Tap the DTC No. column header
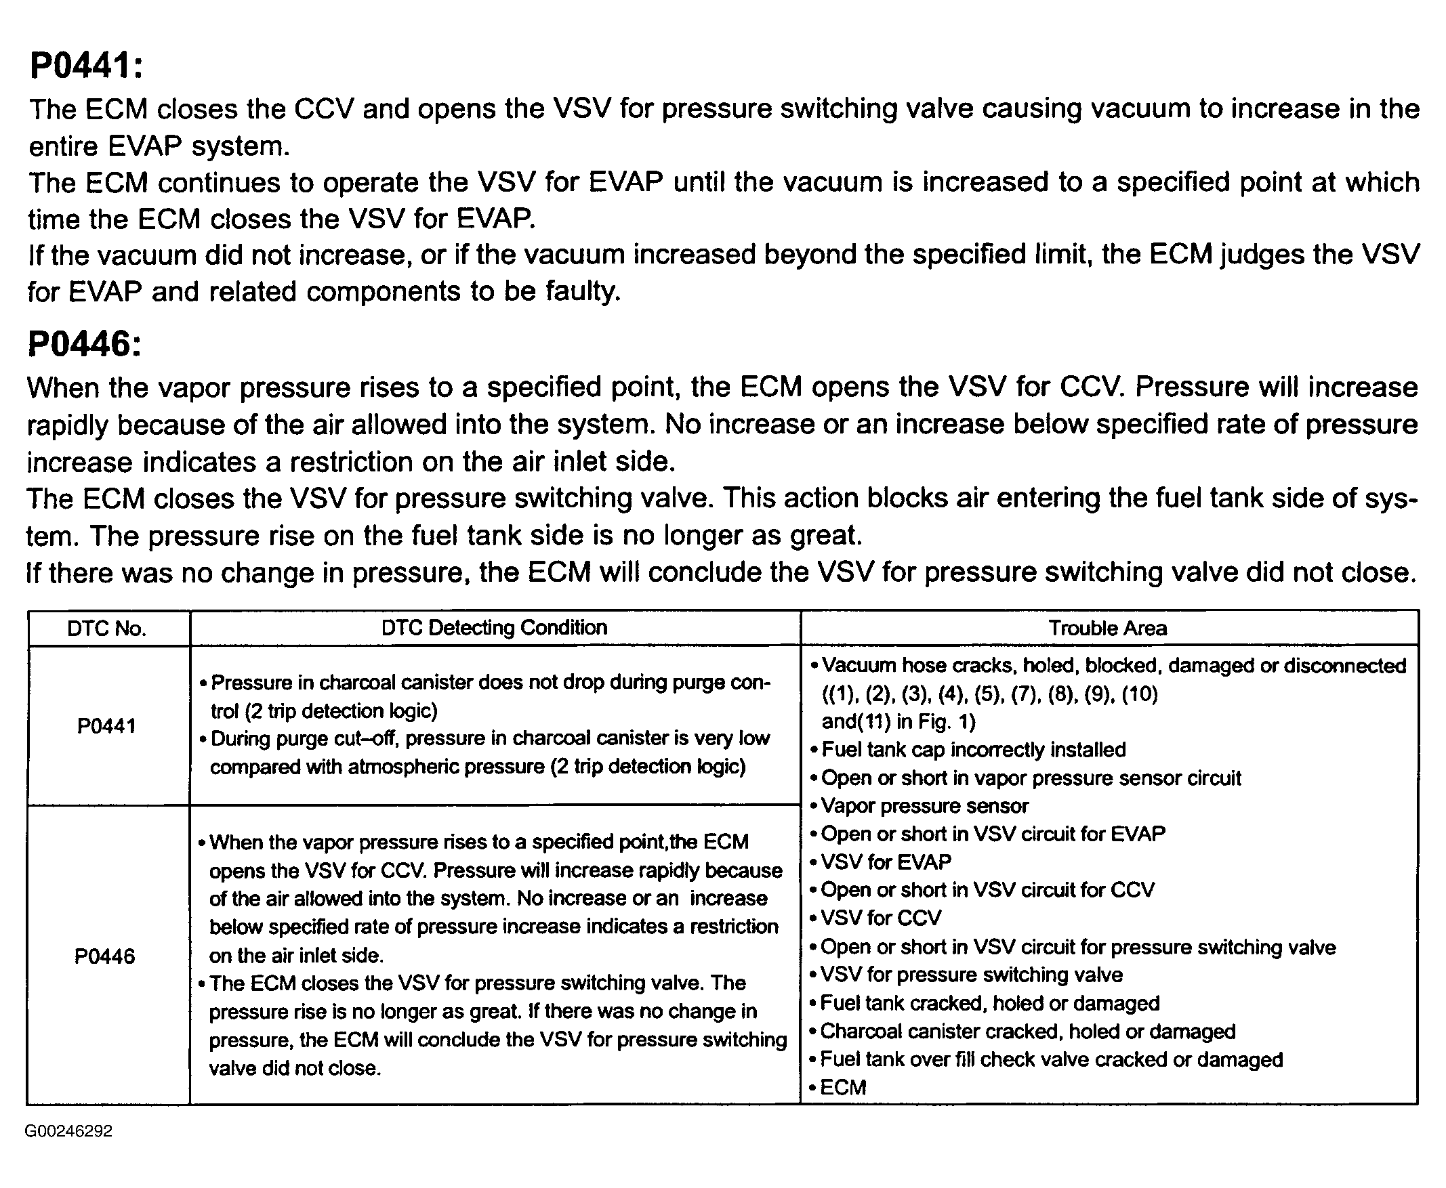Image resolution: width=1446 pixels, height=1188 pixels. tap(107, 629)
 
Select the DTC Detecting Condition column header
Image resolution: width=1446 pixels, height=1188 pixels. tap(495, 628)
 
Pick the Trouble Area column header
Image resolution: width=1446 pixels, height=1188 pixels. tap(1108, 629)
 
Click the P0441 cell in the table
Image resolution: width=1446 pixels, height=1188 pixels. tap(107, 725)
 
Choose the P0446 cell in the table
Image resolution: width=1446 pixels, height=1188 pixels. tap(105, 956)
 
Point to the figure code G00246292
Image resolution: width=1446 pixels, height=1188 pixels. tap(68, 1130)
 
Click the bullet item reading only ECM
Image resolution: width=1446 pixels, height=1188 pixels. tap(843, 1087)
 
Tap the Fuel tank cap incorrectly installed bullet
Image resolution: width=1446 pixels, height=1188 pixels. tap(973, 750)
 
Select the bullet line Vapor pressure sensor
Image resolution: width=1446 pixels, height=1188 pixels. tap(924, 806)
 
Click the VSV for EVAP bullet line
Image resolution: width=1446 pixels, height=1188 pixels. tap(886, 862)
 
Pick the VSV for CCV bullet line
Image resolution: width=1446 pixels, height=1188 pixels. tap(880, 918)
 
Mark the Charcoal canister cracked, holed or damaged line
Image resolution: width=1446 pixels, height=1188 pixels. tap(1027, 1032)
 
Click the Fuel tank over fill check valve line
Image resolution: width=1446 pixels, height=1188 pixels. tap(1051, 1059)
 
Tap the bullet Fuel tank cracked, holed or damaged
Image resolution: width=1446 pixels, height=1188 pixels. tap(989, 1003)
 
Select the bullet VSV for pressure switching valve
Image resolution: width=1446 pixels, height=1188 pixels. tap(971, 975)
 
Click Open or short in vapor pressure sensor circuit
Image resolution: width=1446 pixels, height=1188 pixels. tap(1031, 778)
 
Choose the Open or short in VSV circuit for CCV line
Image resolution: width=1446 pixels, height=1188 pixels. tap(987, 889)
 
